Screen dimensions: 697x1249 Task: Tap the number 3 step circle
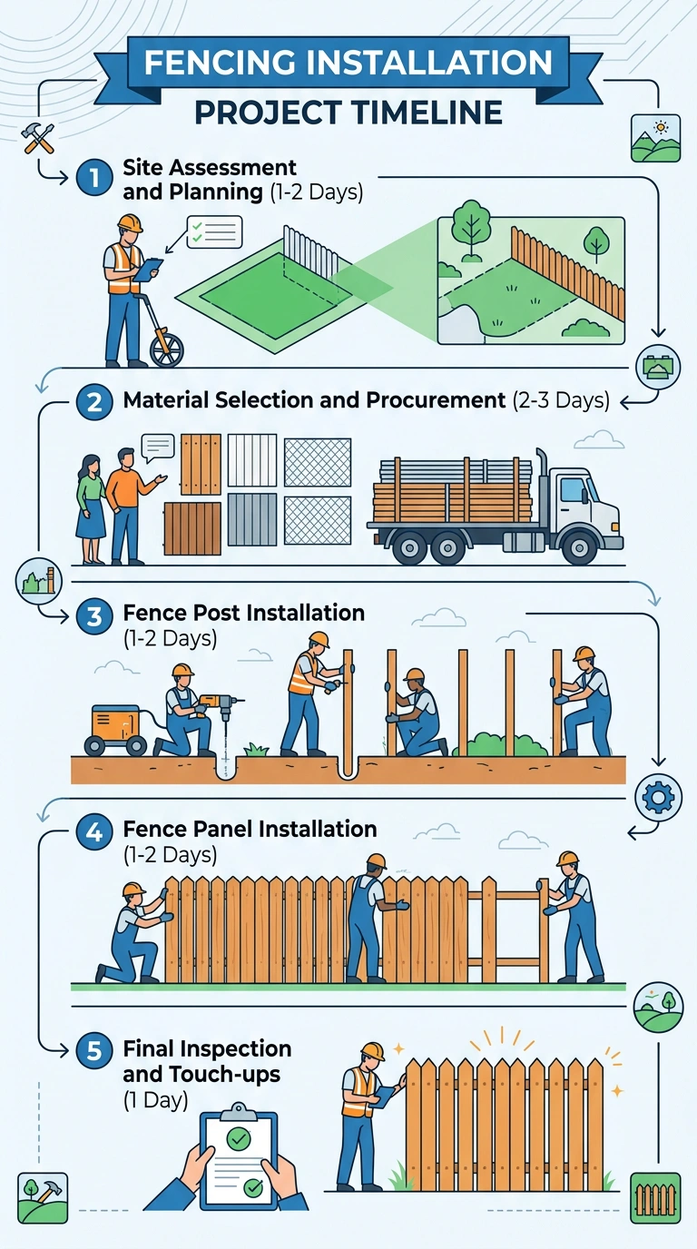point(94,616)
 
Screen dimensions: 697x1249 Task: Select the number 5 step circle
point(94,1051)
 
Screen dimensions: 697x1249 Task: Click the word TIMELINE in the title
point(427,113)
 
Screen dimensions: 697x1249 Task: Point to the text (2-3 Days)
point(561,401)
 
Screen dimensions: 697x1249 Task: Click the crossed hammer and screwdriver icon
point(38,138)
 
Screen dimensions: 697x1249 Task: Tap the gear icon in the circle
point(659,797)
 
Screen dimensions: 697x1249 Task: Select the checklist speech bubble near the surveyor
point(215,232)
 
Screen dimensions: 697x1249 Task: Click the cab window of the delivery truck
point(574,490)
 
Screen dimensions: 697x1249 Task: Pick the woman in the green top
point(91,509)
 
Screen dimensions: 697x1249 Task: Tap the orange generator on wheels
point(115,729)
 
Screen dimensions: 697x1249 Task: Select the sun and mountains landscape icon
point(656,138)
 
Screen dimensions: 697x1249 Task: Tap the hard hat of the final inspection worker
point(373,1052)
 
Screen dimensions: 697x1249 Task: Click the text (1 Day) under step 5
point(155,1101)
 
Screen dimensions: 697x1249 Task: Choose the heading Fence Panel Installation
point(250,829)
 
